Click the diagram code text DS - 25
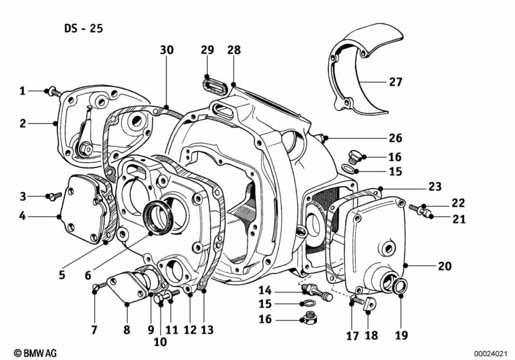pyautogui.click(x=83, y=28)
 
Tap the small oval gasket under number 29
pyautogui.click(x=209, y=83)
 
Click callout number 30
pyautogui.click(x=166, y=50)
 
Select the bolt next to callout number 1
pyautogui.click(x=52, y=92)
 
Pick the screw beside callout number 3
pyautogui.click(x=53, y=196)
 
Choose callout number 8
pyautogui.click(x=126, y=330)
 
